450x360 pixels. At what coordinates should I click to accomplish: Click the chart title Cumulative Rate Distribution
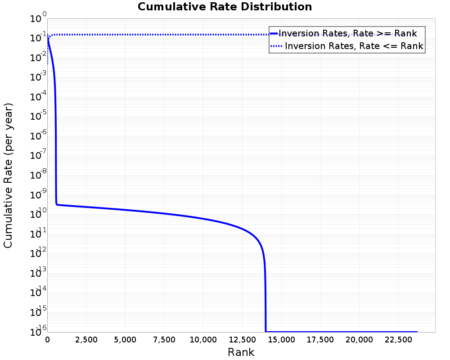tap(225, 7)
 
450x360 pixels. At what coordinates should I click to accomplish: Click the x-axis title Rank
tap(241, 352)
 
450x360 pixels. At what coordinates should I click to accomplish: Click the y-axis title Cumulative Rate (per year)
tap(9, 175)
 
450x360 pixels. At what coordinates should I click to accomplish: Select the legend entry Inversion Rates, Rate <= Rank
tap(354, 46)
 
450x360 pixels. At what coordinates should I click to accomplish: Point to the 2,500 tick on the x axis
tap(86, 340)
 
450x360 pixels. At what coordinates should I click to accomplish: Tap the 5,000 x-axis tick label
tap(126, 340)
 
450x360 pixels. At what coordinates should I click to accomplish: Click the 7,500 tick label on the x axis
tap(164, 340)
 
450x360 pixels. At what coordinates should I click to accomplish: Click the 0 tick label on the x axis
tap(48, 340)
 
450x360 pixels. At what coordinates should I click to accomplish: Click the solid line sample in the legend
tap(274, 33)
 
